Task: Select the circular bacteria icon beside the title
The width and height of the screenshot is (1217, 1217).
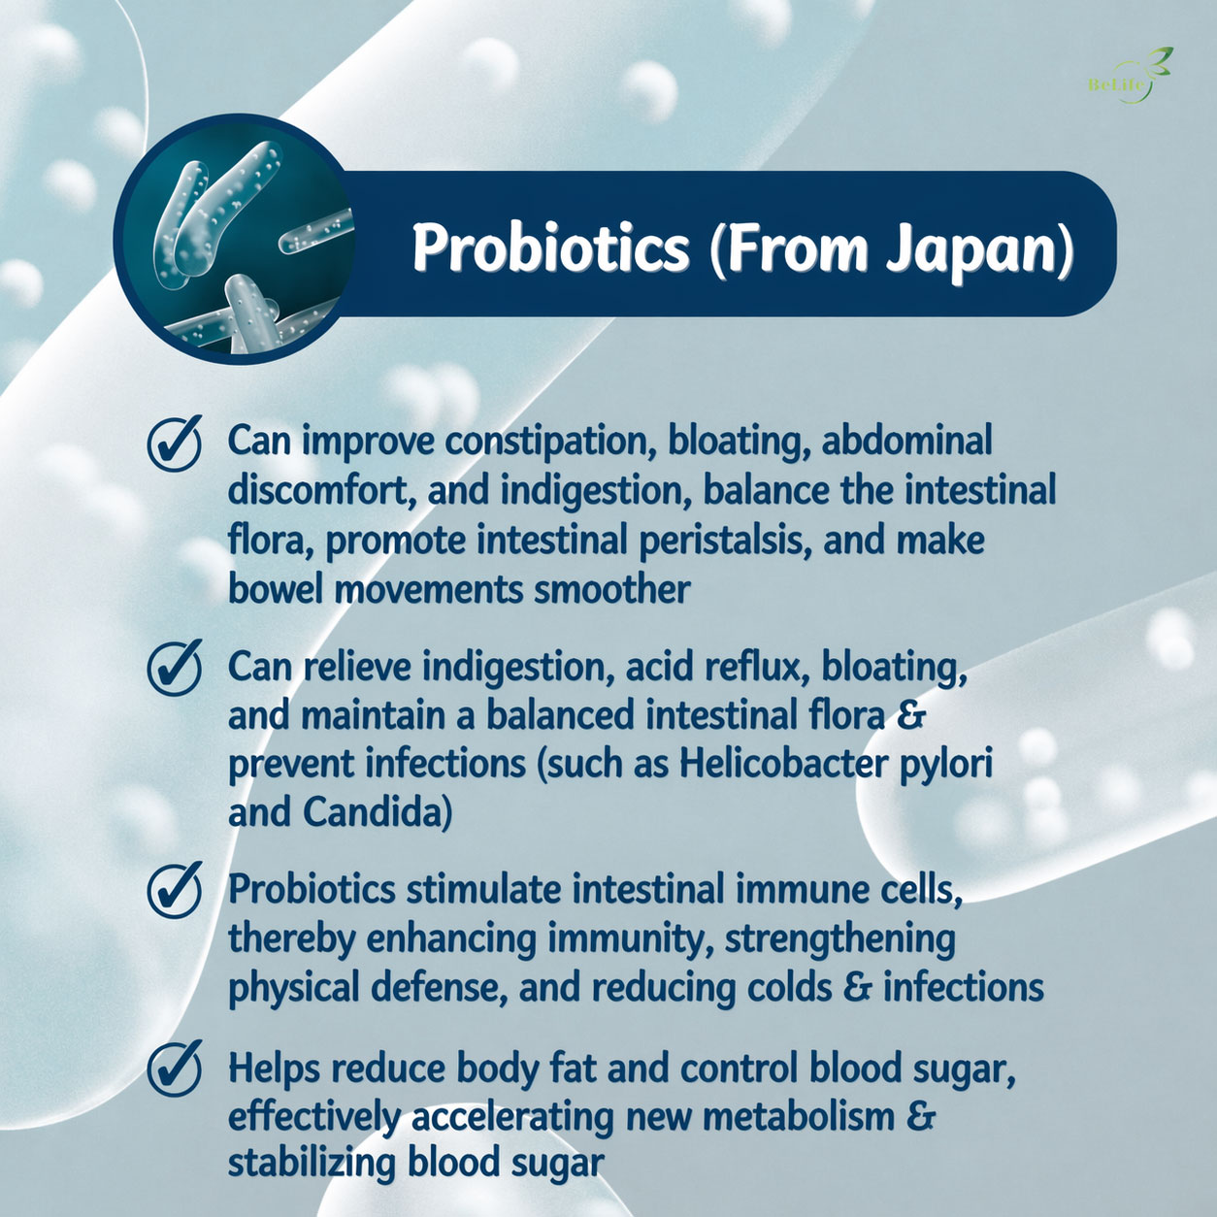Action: click(233, 240)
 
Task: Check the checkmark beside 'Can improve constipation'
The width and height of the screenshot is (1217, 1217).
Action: click(175, 444)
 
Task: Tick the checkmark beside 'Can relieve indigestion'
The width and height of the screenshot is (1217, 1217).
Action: click(175, 668)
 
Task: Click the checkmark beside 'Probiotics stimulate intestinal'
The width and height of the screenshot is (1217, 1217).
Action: click(175, 891)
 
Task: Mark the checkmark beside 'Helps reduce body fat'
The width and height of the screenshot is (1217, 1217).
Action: click(175, 1069)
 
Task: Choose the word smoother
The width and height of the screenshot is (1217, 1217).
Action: click(612, 590)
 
